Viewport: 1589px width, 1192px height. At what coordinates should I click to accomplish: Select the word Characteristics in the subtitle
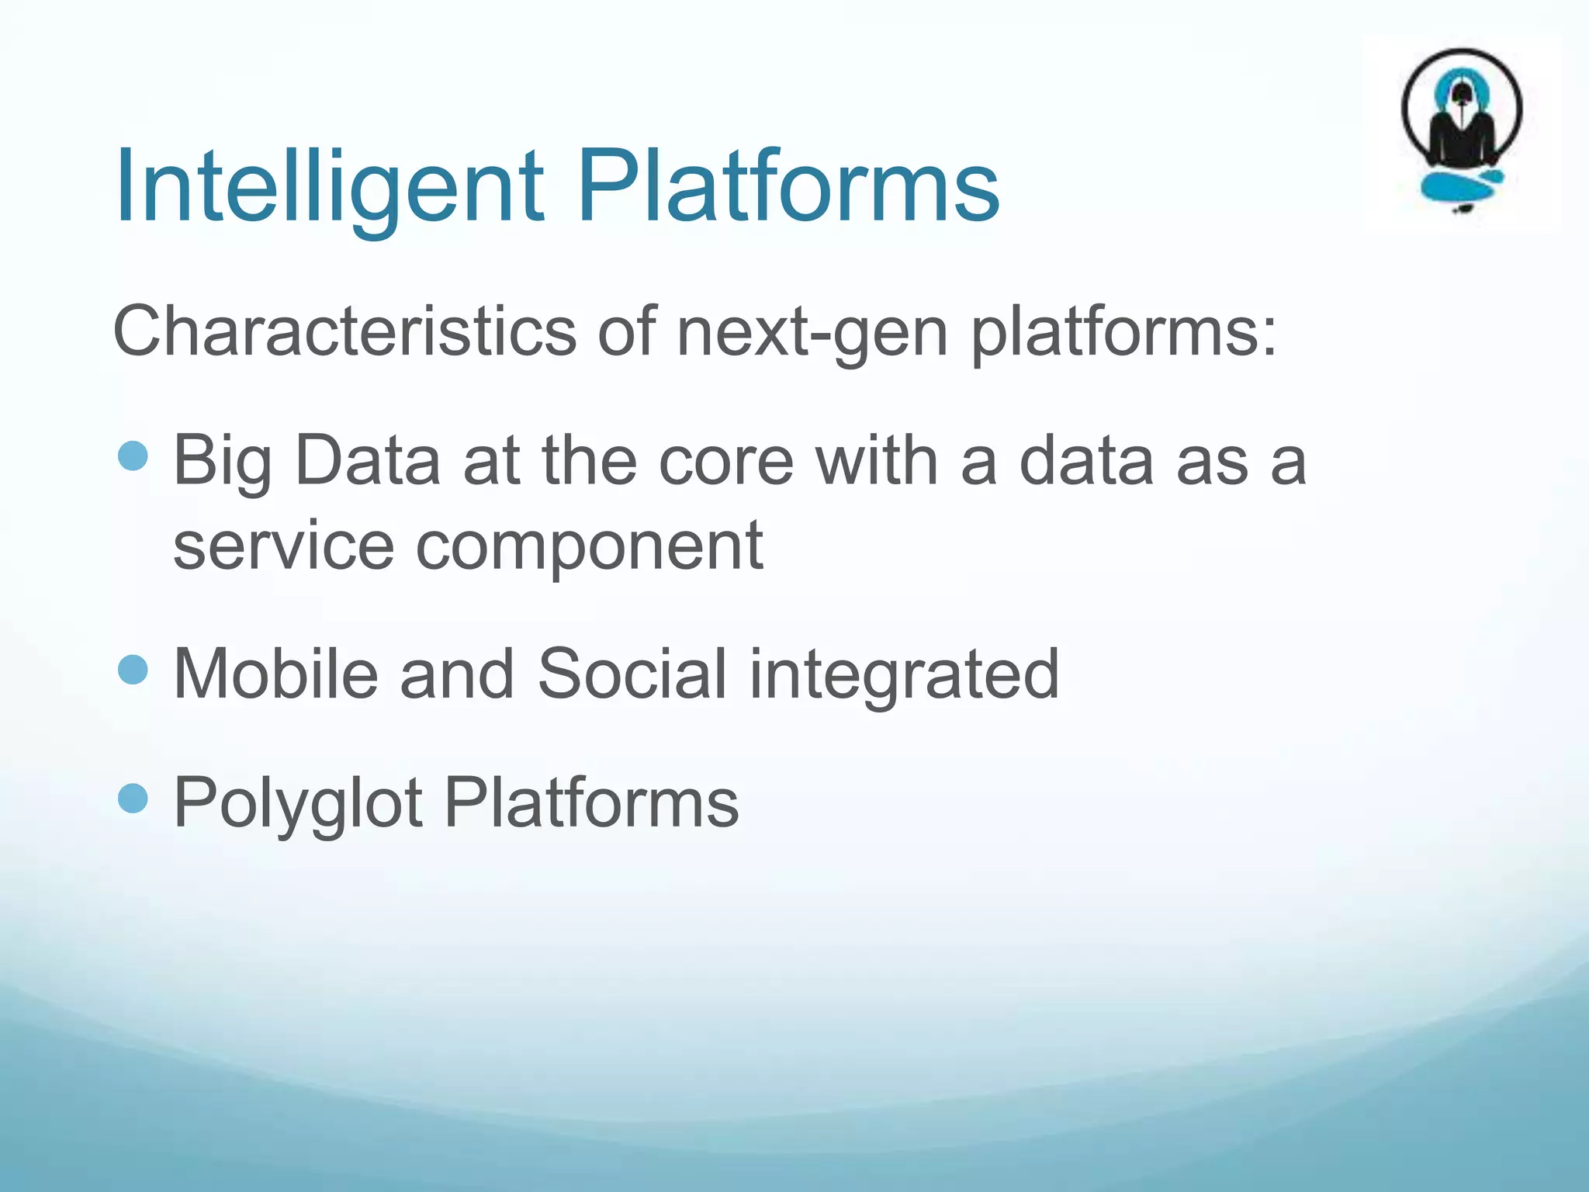pos(344,332)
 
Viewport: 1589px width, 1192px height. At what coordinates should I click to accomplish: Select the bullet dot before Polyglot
pos(133,798)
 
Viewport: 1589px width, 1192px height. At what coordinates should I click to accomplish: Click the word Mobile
pos(275,674)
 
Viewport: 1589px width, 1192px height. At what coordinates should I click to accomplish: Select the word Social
pos(632,674)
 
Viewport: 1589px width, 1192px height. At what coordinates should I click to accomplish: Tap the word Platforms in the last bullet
pos(591,803)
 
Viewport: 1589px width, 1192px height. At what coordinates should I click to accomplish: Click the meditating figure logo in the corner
pos(1462,116)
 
